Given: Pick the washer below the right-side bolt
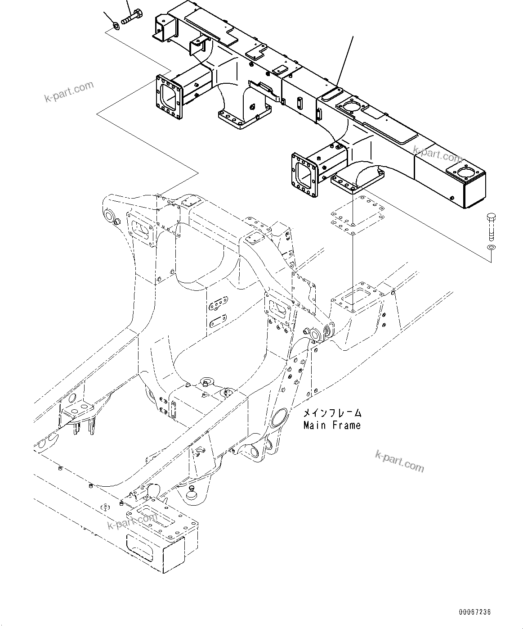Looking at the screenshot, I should [x=491, y=249].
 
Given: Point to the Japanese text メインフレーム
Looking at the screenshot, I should [x=332, y=413].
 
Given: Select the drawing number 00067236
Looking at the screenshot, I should [x=475, y=612].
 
